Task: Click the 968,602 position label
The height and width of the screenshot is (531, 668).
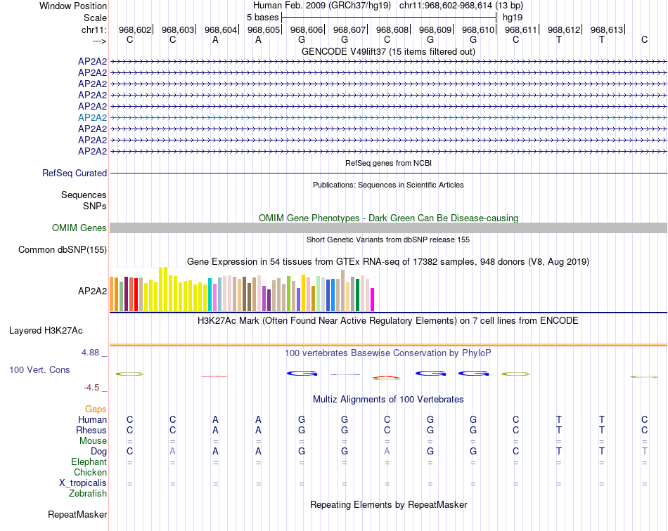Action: (135, 29)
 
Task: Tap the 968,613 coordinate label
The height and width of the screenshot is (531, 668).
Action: (607, 29)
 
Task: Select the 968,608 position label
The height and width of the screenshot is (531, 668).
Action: (392, 29)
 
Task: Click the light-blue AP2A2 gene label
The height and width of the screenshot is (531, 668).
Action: (92, 117)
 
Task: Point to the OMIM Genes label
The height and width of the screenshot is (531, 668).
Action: (79, 228)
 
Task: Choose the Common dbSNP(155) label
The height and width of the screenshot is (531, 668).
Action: (63, 249)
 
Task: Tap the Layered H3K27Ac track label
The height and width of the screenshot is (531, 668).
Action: (46, 330)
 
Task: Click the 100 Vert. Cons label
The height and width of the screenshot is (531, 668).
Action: (39, 369)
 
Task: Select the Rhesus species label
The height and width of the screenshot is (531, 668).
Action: (91, 430)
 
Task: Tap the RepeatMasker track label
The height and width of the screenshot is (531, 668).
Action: (77, 515)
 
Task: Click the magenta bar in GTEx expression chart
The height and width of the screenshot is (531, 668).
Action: (372, 299)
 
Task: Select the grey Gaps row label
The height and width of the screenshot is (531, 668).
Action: (96, 409)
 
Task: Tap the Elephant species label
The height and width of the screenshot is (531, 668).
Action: (89, 462)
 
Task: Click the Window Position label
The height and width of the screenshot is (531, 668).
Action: (73, 6)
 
